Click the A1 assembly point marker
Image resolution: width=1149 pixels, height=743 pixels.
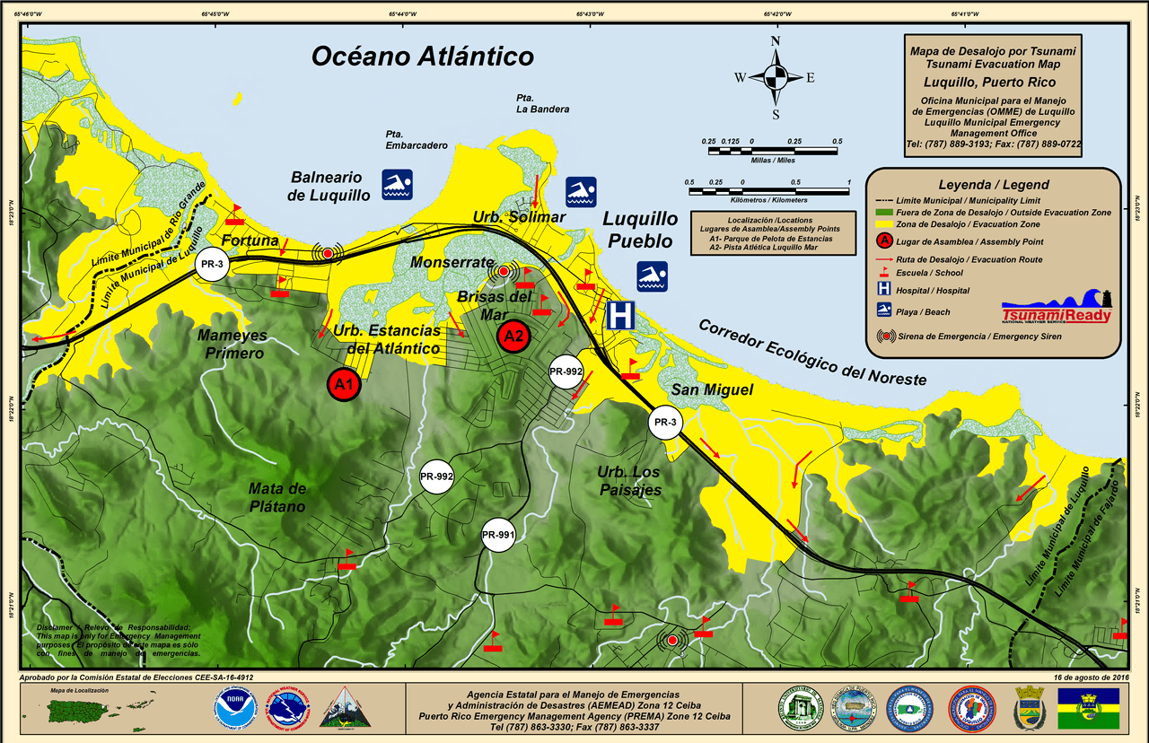[343, 384]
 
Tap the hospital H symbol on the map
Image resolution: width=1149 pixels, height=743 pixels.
[620, 315]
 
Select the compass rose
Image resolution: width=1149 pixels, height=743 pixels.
[776, 77]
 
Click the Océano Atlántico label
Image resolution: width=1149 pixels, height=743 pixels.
[422, 57]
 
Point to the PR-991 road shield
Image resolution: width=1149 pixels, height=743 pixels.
[498, 536]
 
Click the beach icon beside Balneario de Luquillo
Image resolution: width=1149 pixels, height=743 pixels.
[397, 184]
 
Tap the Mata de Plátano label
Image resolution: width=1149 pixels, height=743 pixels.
[276, 497]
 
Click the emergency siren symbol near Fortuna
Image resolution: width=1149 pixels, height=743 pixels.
[328, 254]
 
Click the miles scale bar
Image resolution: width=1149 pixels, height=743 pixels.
[772, 150]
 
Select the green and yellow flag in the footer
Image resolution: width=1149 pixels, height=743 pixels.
[1088, 708]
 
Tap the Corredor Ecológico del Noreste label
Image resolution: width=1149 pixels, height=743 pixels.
[811, 353]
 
